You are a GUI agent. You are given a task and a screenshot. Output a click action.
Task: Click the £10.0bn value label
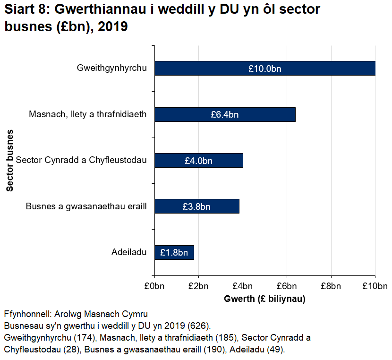point(264,69)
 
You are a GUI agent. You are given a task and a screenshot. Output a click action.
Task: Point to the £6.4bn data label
point(225,114)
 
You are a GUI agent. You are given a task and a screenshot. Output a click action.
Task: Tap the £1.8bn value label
point(174,252)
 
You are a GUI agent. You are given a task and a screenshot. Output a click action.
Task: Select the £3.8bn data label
point(196,206)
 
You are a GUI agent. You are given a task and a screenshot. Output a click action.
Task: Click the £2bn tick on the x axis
point(198,285)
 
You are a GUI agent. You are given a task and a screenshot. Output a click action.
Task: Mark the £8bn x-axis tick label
point(331,285)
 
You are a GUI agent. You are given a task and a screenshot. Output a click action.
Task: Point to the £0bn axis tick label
point(154,285)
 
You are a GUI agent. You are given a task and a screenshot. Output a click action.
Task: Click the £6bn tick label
point(287,285)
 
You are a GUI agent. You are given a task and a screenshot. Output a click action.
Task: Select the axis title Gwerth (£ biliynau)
point(264,299)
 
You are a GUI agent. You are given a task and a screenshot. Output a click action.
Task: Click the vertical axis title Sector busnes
point(10,161)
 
